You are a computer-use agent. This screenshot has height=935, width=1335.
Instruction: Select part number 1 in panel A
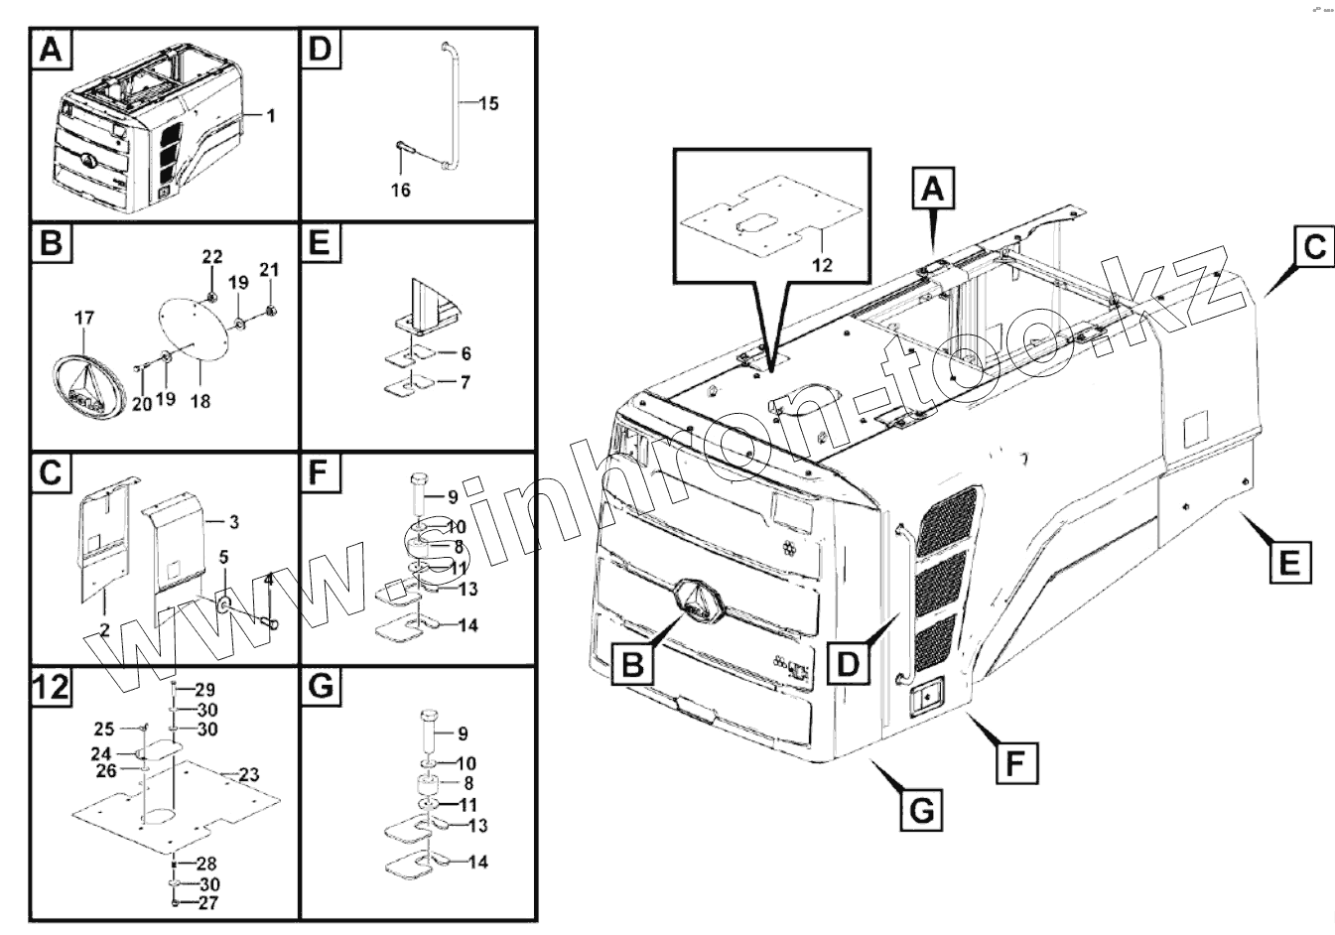pos(271,115)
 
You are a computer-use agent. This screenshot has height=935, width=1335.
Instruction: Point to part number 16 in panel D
pos(400,190)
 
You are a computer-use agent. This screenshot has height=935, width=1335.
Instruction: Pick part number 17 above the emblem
pos(84,319)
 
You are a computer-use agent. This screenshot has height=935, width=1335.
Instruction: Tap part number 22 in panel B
pos(212,256)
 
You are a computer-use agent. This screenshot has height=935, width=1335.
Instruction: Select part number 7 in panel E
pos(465,382)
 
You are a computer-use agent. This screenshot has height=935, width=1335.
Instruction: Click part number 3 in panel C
pos(234,522)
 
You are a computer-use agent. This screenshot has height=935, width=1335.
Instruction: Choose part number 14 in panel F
pos(467,625)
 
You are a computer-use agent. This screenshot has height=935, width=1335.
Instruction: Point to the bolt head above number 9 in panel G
pos(430,716)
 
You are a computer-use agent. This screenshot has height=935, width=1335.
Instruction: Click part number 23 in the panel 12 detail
pos(249,775)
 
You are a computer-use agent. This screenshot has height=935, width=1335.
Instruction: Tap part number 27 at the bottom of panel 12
pos(208,902)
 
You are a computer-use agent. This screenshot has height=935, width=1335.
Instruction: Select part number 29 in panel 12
pos(205,689)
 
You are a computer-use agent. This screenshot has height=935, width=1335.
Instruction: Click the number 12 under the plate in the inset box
pos(822,264)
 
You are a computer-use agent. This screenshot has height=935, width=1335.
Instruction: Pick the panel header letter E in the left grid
pos(320,243)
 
